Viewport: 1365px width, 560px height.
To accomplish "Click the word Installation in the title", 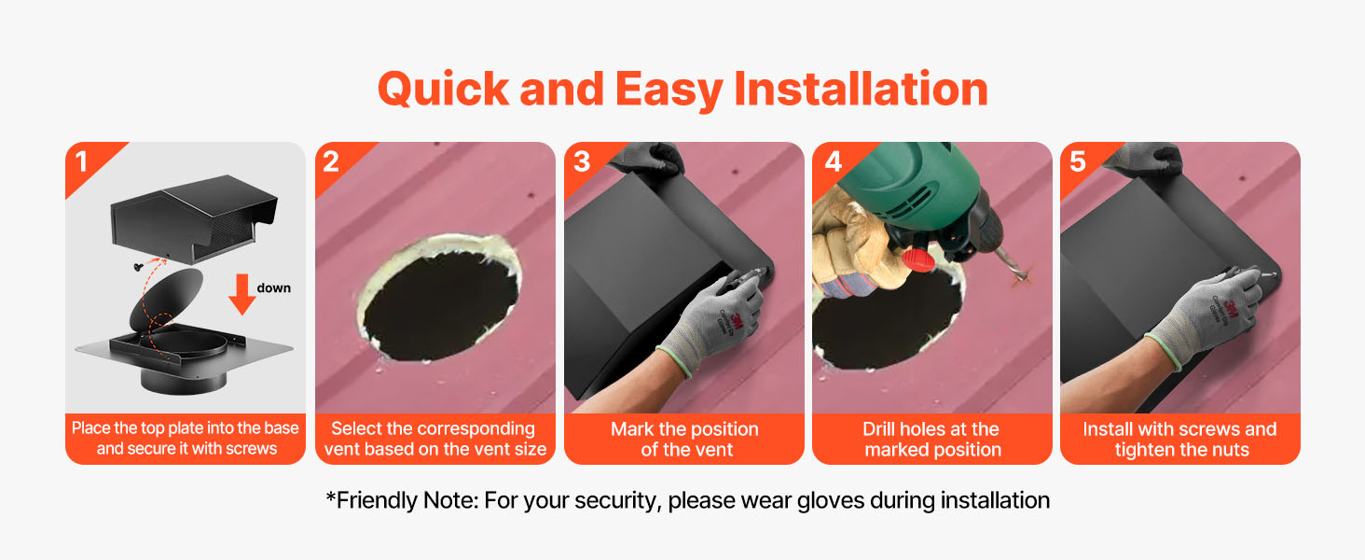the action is tap(861, 89).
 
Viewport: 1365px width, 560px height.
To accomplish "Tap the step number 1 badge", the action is tap(82, 161).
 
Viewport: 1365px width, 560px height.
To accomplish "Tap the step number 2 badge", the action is tap(331, 161).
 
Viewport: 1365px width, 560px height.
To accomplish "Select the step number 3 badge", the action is tap(582, 161).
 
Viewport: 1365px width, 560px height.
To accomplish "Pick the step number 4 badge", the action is tap(833, 161).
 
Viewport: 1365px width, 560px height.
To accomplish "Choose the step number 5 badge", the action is tap(1078, 161).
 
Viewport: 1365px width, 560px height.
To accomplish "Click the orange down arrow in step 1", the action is tap(241, 294).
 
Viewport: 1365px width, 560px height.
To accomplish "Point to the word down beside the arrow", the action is tap(273, 287).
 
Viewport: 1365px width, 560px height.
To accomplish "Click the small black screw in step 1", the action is tap(138, 267).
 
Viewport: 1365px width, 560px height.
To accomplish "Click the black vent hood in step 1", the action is tap(194, 217).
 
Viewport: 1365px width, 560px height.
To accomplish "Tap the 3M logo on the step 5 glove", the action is tap(1231, 305).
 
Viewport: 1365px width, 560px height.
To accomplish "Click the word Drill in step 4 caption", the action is tap(880, 428).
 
